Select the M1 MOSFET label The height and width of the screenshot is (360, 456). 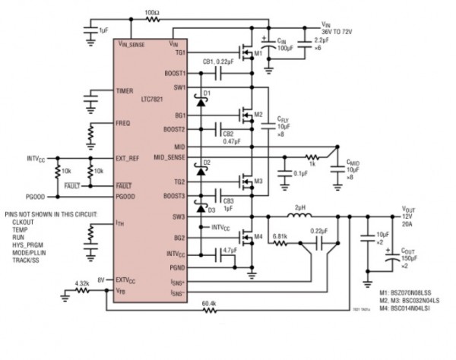pyautogui.click(x=258, y=54)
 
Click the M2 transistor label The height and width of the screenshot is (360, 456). pyautogui.click(x=258, y=115)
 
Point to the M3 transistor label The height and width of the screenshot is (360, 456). pyautogui.click(x=258, y=182)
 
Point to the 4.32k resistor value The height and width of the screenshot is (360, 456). pyautogui.click(x=84, y=285)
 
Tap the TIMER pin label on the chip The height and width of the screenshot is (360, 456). pyautogui.click(x=125, y=90)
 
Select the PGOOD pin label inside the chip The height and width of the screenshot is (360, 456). pyautogui.click(x=127, y=196)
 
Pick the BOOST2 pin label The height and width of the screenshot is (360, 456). pyautogui.click(x=173, y=129)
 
